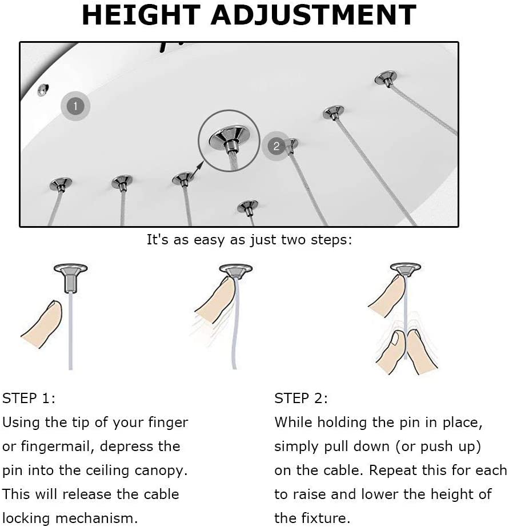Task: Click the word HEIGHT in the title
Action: tap(141, 15)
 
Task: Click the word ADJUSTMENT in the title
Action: tap(313, 15)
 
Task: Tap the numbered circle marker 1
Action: tap(75, 106)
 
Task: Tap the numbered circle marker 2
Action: tap(276, 146)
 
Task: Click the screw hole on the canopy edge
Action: tap(43, 90)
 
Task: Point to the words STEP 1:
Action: tap(29, 399)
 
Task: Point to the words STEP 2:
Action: tap(301, 399)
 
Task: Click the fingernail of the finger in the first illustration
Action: tap(54, 307)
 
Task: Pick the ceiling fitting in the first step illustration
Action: tap(71, 278)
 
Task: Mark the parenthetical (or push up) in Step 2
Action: tap(438, 447)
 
